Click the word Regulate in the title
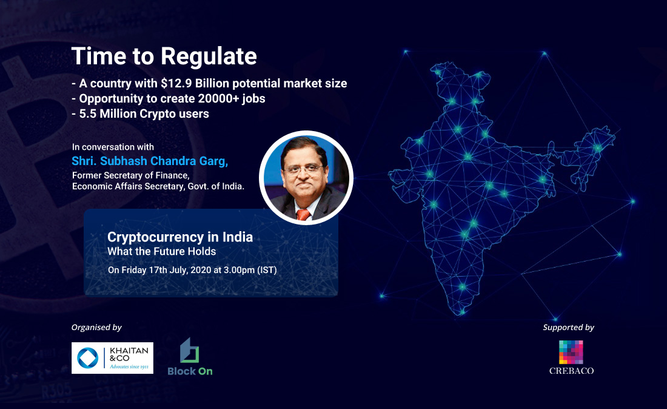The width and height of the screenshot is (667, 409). (x=209, y=56)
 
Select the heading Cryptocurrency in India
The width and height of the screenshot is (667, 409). (x=180, y=237)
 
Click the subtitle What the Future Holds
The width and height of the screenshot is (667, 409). (x=161, y=251)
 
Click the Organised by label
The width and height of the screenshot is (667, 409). (x=96, y=328)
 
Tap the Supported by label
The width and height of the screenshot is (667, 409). (x=568, y=328)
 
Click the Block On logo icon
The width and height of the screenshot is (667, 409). (x=189, y=351)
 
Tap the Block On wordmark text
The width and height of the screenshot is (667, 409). (x=190, y=371)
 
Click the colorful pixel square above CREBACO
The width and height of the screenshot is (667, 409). (x=571, y=352)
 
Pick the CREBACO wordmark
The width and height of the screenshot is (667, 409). (x=571, y=370)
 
